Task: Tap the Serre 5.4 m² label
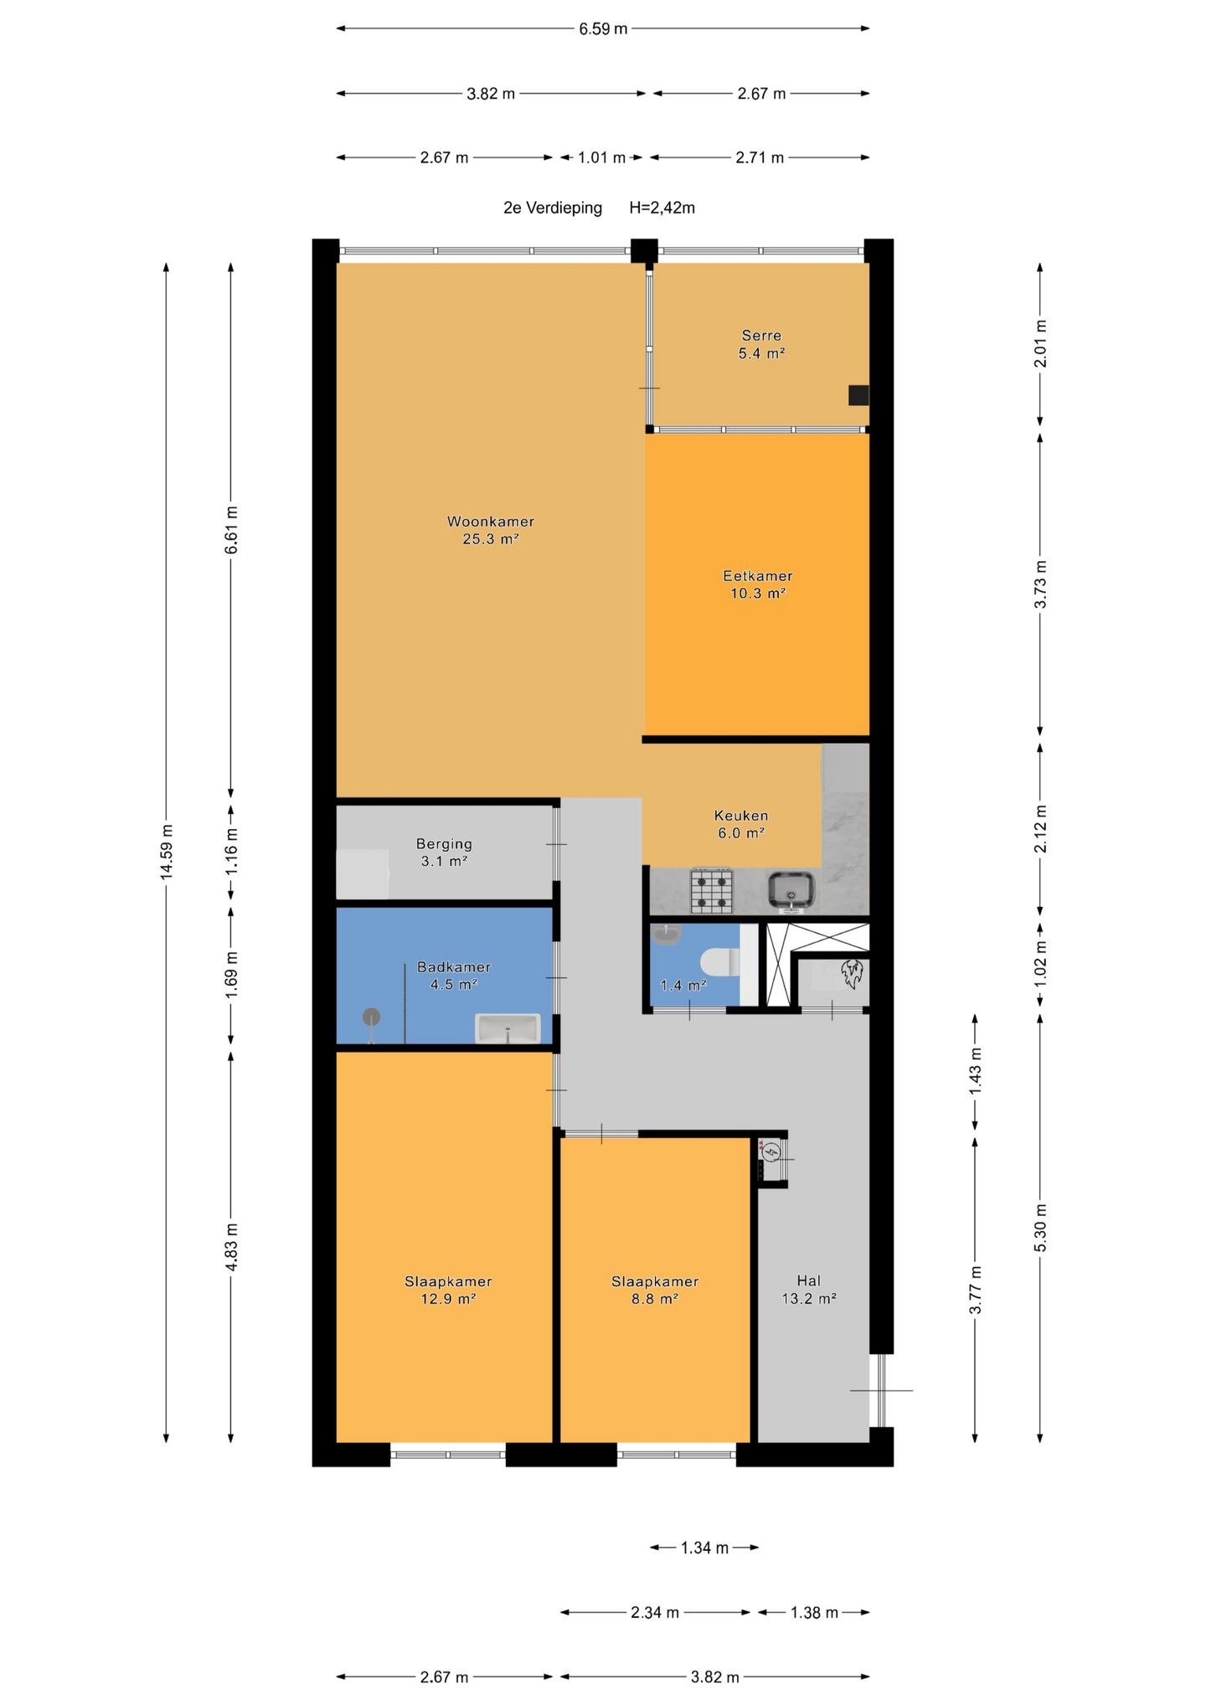coord(761,344)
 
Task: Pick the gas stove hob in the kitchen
coord(712,891)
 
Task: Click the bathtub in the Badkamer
coord(508,1028)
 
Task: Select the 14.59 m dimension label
coord(167,851)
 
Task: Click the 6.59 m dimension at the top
coord(603,28)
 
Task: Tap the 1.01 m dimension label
coord(601,157)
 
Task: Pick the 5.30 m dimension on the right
coord(1041,1228)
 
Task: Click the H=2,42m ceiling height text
coord(662,208)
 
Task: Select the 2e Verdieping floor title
coord(553,208)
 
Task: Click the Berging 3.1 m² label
coord(444,852)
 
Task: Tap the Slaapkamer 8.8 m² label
coord(655,1290)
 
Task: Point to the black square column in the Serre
coord(858,395)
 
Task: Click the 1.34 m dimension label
coord(704,1548)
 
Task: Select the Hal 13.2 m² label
coord(809,1290)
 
